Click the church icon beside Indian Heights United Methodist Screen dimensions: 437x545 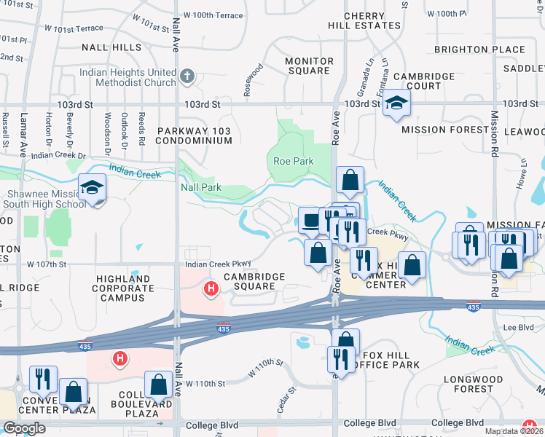(187, 76)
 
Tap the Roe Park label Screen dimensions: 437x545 (292, 161)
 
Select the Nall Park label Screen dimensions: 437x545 (200, 187)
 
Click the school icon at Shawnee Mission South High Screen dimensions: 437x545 (93, 190)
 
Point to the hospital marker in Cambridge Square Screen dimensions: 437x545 (211, 289)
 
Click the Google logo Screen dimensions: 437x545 (24, 428)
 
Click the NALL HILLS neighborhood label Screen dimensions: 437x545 (112, 47)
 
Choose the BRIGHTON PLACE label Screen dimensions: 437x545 (479, 50)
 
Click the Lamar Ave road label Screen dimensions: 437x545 (23, 140)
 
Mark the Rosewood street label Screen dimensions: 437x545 (254, 80)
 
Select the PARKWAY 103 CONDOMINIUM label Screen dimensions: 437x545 (195, 135)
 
